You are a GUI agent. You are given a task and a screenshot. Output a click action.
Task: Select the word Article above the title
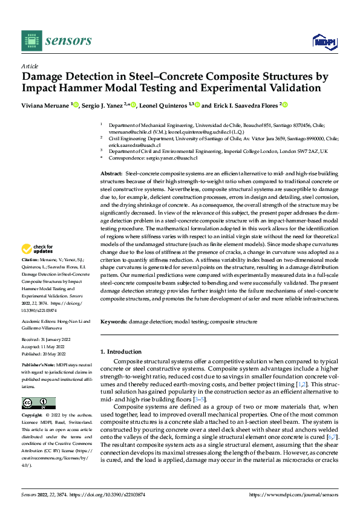pos(30,66)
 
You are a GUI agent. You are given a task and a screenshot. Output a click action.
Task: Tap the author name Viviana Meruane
pos(45,105)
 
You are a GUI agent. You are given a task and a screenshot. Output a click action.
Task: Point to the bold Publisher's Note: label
pos(38,366)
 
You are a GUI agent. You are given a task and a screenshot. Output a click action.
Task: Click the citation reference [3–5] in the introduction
pos(200,400)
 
